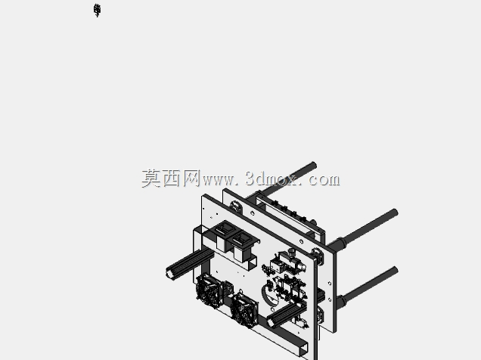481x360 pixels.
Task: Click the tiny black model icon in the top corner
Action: click(98, 11)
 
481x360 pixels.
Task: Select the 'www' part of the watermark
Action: click(218, 180)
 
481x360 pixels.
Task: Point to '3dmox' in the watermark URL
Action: click(271, 178)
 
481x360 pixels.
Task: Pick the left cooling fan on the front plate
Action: click(209, 290)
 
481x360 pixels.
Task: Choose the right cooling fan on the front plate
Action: click(244, 310)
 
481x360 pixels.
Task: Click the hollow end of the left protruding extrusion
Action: click(169, 272)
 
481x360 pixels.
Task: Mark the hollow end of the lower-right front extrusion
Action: click(272, 322)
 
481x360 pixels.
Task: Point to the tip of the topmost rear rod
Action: click(314, 165)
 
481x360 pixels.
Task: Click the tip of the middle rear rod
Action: click(395, 213)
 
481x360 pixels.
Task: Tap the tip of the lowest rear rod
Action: click(395, 270)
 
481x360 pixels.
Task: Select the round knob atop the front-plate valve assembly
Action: click(290, 253)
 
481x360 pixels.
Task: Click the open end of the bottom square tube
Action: click(303, 349)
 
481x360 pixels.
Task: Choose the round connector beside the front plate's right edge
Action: click(318, 256)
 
